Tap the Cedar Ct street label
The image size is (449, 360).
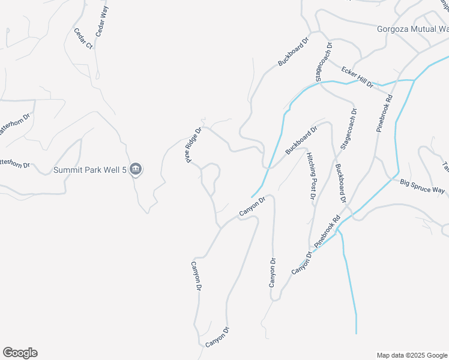pyautogui.click(x=83, y=38)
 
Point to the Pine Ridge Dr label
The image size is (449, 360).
pyautogui.click(x=193, y=145)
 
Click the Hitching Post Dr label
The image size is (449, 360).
pyautogui.click(x=312, y=176)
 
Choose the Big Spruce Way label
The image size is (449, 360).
pyautogui.click(x=423, y=187)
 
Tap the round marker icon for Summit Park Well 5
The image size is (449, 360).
pyautogui.click(x=136, y=170)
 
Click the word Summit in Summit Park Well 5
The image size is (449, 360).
pyautogui.click(x=68, y=170)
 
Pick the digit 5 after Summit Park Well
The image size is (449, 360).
pyautogui.click(x=125, y=170)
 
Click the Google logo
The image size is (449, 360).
pyautogui.click(x=20, y=353)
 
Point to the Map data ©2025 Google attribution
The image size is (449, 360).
pyautogui.click(x=412, y=355)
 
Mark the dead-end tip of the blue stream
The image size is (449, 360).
pyautogui.click(x=356, y=333)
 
